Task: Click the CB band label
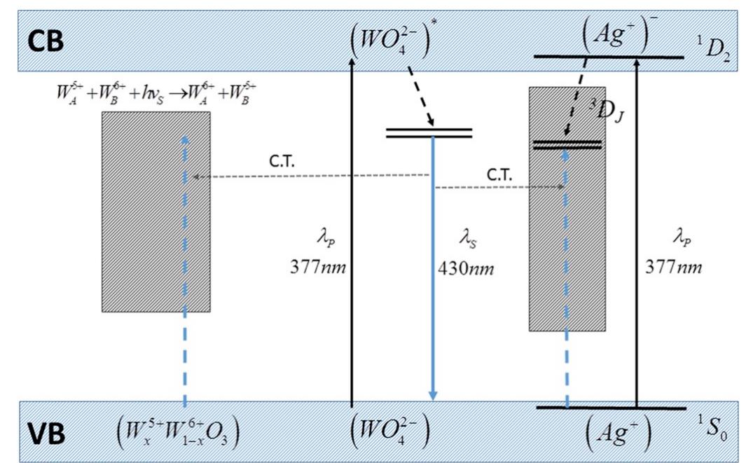(x=46, y=41)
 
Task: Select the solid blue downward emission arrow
(x=433, y=280)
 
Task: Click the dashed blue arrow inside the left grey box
(x=184, y=231)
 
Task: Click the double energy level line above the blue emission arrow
(x=429, y=133)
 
